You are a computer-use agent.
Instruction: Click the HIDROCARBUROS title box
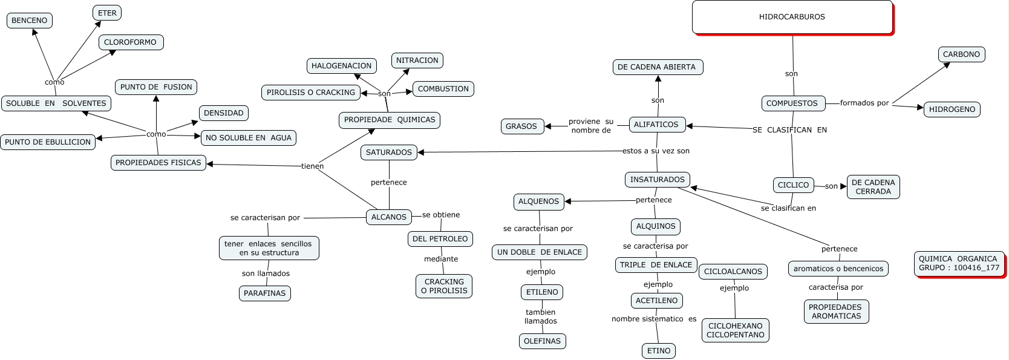click(792, 17)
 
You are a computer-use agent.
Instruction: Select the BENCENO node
click(30, 21)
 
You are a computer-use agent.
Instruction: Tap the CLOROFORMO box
click(131, 42)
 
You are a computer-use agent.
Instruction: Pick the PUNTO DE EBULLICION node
click(48, 142)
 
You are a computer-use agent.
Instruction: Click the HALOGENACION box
click(341, 66)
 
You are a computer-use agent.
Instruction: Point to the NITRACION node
click(417, 61)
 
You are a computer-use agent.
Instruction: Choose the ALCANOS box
click(389, 217)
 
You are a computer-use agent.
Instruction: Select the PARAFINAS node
click(265, 293)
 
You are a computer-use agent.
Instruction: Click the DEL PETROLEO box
click(440, 239)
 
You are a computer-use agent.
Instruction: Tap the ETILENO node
click(542, 292)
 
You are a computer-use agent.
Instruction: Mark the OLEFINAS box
click(543, 341)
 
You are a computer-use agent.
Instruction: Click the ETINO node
click(659, 351)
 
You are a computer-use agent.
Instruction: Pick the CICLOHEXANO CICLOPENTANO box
click(736, 330)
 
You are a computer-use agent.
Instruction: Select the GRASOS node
click(521, 126)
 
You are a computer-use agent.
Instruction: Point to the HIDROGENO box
click(952, 110)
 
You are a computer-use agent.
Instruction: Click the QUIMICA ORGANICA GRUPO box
click(959, 263)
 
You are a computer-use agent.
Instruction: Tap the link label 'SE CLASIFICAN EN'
click(789, 130)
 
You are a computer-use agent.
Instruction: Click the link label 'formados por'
click(864, 103)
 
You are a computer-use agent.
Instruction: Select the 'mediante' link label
click(441, 259)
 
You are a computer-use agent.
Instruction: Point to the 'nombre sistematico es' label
click(654, 319)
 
